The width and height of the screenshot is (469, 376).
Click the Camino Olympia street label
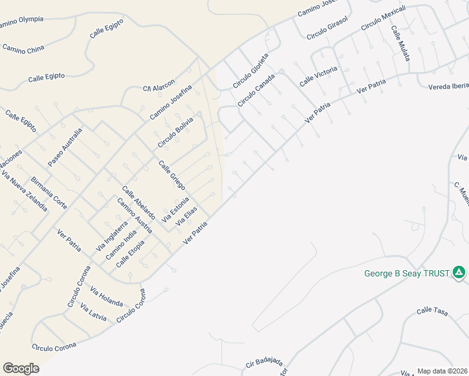click(x=21, y=21)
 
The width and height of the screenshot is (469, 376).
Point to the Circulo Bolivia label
click(x=176, y=133)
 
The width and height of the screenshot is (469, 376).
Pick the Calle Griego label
click(x=172, y=175)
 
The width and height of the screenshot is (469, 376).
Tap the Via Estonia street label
click(x=176, y=210)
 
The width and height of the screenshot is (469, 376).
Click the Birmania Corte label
click(x=49, y=192)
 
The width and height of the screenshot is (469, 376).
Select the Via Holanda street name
click(x=107, y=296)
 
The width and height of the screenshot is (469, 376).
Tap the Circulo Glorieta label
click(x=250, y=70)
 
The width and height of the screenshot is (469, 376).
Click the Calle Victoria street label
click(x=318, y=76)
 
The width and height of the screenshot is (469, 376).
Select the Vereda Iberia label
click(x=448, y=86)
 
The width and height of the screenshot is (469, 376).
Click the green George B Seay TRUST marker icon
click(x=459, y=273)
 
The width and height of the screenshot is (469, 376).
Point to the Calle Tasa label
click(x=433, y=310)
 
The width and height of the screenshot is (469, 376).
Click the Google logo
click(x=21, y=368)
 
